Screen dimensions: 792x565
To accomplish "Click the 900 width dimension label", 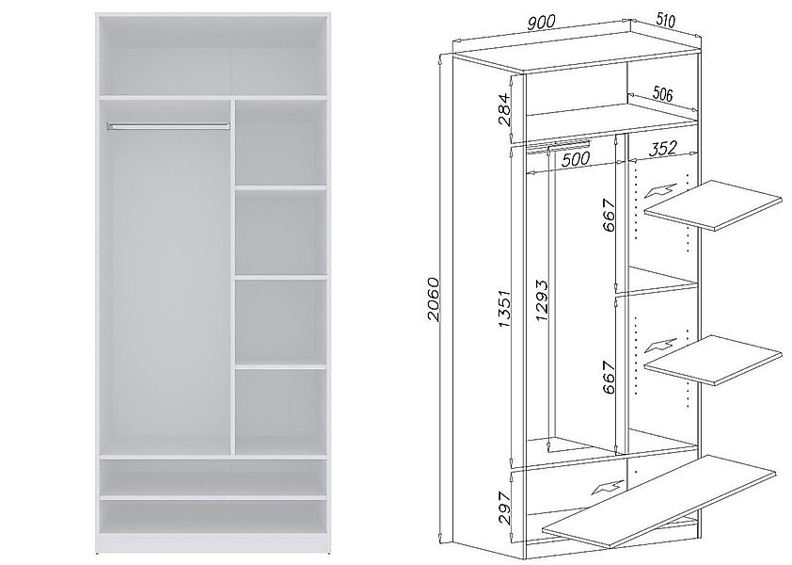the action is [541, 23].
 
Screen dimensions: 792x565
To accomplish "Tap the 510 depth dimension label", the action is [665, 20].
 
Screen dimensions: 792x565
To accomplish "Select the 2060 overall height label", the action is [434, 299].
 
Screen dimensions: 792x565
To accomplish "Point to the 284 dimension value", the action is [504, 109].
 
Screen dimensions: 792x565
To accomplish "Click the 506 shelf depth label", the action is [663, 93].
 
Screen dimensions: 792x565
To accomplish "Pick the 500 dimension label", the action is [576, 159].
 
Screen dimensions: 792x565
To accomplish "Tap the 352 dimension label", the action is [663, 148].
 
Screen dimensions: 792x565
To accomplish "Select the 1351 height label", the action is [505, 308].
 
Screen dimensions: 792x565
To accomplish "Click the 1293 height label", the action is [541, 300].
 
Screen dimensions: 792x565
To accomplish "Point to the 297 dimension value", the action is [504, 508].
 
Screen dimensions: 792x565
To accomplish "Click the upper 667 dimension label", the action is [610, 215].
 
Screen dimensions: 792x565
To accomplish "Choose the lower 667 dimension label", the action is [610, 377].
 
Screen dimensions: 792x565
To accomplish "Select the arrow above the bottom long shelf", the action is [608, 487].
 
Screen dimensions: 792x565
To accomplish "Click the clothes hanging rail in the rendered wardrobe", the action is [167, 125].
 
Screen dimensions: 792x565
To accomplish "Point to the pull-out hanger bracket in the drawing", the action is [558, 146].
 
